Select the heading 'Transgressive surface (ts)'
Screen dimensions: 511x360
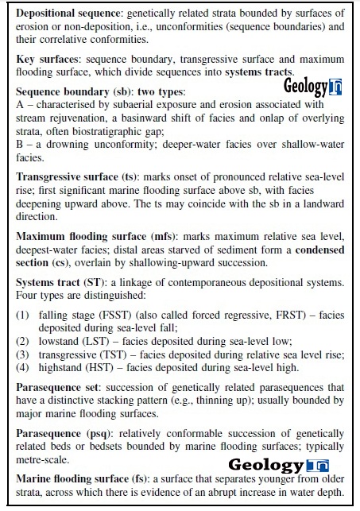76,176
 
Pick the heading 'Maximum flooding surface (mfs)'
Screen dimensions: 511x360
91,237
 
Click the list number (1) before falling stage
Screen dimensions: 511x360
24,315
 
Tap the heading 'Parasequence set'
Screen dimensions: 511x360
56,386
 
